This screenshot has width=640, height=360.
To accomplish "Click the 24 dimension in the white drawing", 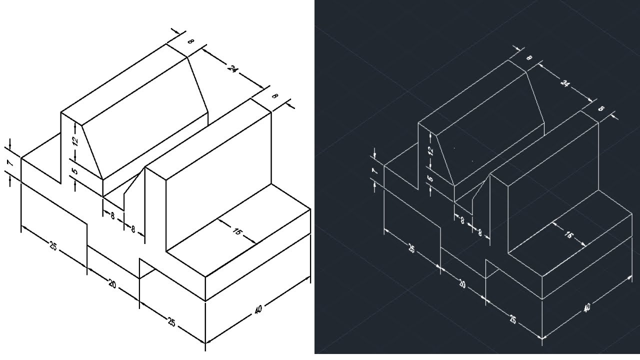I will click(x=232, y=68).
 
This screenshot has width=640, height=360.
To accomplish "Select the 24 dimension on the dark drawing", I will click(x=564, y=83).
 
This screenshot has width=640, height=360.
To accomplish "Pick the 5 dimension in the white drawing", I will click(x=75, y=171).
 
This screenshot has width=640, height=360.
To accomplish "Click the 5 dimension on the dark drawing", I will click(x=431, y=178).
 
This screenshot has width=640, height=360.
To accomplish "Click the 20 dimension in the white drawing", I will click(x=112, y=284).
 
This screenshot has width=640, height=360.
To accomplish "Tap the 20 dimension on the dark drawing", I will click(x=462, y=284).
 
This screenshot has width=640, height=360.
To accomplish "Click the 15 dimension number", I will click(x=237, y=231).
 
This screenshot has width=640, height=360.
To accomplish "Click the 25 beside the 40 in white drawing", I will click(x=171, y=322).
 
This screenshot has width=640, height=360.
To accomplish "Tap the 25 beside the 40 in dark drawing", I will click(x=513, y=319).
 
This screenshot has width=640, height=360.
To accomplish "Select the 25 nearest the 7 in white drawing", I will click(x=53, y=246).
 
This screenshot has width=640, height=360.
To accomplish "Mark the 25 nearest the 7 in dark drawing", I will click(x=411, y=248).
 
